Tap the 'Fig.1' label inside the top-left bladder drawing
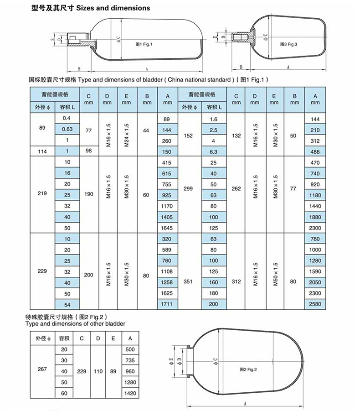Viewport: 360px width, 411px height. [144, 44]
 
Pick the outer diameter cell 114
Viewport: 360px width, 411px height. [42, 151]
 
